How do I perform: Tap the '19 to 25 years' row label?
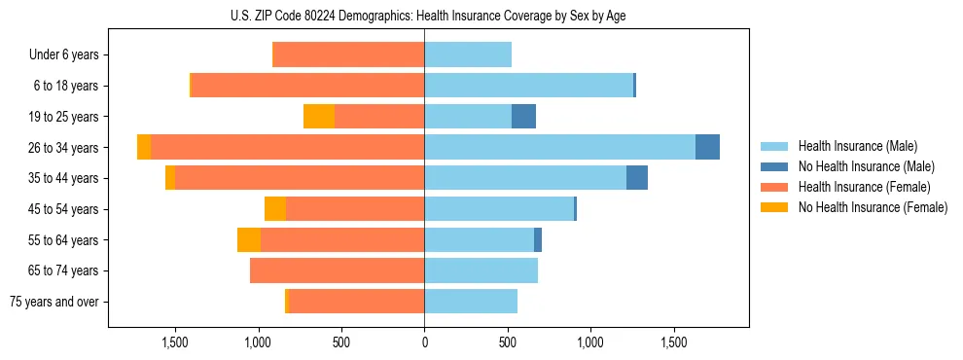pos(59,117)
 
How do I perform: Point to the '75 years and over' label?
pos(54,302)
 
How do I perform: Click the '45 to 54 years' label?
pos(59,209)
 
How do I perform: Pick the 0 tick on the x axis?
pos(424,343)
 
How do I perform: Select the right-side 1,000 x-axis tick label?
pos(590,343)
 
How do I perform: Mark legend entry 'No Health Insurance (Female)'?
pos(873,207)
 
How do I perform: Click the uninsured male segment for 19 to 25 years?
pos(523,117)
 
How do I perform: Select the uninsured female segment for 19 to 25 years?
pos(319,117)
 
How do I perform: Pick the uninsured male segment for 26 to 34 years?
pos(707,147)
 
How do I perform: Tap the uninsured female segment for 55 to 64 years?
pos(249,240)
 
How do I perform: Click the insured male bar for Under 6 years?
pos(468,55)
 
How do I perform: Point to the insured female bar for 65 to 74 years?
pos(337,270)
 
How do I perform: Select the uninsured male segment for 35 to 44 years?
pos(637,178)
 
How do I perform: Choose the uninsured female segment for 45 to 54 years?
pos(275,209)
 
